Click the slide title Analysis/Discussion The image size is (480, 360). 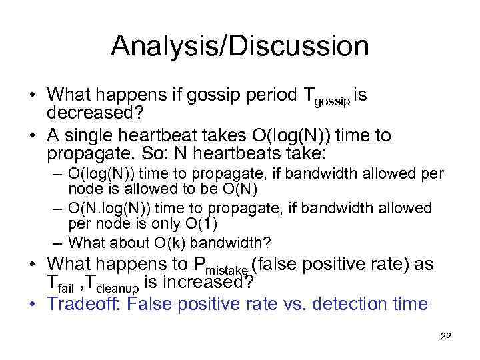pyautogui.click(x=239, y=46)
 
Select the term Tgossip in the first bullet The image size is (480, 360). pyautogui.click(x=327, y=97)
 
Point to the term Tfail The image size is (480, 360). pyautogui.click(x=60, y=284)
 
